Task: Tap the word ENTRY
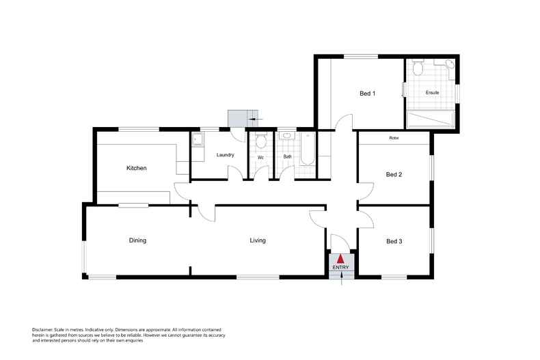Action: pyautogui.click(x=340, y=267)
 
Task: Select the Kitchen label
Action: pyautogui.click(x=137, y=168)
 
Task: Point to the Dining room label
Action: pyautogui.click(x=137, y=240)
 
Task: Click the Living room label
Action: pyautogui.click(x=258, y=240)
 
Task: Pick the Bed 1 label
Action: pyautogui.click(x=368, y=94)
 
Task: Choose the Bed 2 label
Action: pyautogui.click(x=394, y=174)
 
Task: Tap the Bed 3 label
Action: pyautogui.click(x=394, y=241)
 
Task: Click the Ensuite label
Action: pyautogui.click(x=432, y=92)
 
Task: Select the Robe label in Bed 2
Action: pyautogui.click(x=394, y=139)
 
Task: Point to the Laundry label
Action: pyautogui.click(x=226, y=155)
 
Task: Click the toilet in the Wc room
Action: pyautogui.click(x=260, y=141)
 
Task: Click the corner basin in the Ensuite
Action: pyautogui.click(x=450, y=65)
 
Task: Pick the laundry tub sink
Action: pyautogui.click(x=198, y=140)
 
